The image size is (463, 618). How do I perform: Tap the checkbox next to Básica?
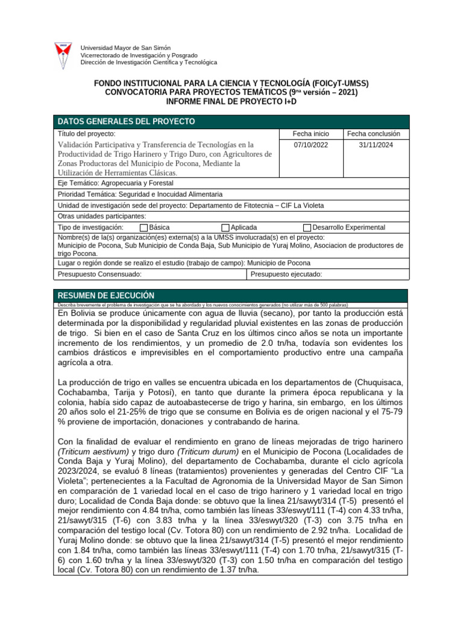tap(143, 228)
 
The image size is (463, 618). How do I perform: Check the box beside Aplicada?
tap(225, 228)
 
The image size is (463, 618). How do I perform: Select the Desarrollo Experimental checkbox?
tap(307, 228)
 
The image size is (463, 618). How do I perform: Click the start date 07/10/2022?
tap(310, 145)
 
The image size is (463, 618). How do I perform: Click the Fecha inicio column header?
tap(310, 133)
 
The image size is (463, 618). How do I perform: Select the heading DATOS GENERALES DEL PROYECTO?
tap(126, 121)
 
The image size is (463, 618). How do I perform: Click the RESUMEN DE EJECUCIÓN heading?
tap(106, 295)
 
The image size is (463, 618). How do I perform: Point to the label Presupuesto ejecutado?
tap(286, 275)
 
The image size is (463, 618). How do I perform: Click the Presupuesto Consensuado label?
tap(99, 275)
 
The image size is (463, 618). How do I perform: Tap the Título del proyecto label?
tap(86, 133)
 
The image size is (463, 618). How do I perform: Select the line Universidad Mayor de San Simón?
tap(125, 48)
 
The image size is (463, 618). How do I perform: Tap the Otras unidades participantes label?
tap(101, 216)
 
